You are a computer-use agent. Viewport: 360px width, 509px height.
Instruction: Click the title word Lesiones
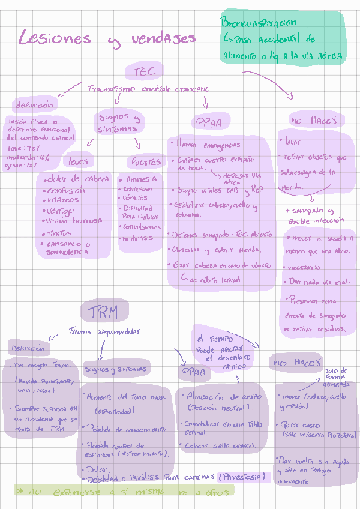(55, 38)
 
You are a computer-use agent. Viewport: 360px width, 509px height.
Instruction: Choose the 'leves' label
(78, 161)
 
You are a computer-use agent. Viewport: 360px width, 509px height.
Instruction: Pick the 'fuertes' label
(146, 162)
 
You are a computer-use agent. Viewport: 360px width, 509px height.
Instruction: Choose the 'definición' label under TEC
(34, 105)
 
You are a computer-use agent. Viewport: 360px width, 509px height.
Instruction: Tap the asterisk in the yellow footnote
(20, 491)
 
